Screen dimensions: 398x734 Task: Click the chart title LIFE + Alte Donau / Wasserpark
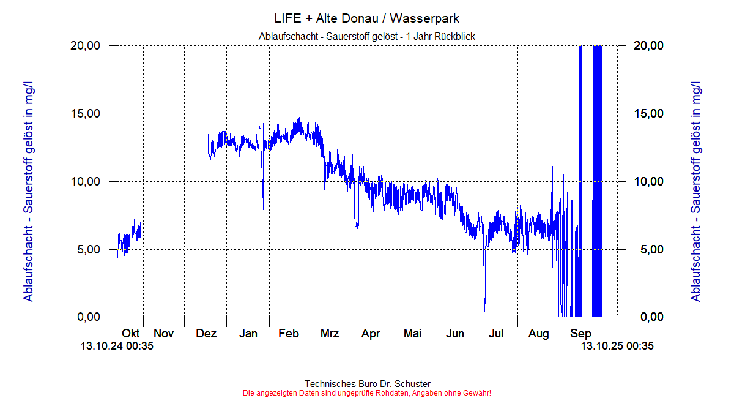pos(367,18)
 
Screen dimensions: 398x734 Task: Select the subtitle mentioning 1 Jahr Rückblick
pos(367,37)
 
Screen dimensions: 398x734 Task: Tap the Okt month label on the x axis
pos(131,334)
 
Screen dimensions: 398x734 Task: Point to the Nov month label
pos(164,334)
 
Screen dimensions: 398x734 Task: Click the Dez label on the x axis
pos(206,334)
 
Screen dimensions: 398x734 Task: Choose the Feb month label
pos(289,334)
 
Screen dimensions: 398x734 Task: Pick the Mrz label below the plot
pos(330,334)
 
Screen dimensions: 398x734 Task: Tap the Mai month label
pos(412,334)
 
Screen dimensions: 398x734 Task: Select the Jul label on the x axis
pos(496,334)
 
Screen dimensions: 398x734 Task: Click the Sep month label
pos(580,334)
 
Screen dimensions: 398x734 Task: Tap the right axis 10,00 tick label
pos(647,181)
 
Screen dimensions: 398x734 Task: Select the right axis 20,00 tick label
pos(647,45)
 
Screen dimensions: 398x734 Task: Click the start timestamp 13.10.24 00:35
pos(117,347)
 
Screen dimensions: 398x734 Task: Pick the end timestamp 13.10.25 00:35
pos(617,347)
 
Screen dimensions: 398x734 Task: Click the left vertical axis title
pos(29,190)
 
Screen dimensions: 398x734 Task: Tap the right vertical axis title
pos(695,190)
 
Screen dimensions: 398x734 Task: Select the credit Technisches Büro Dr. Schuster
pos(367,384)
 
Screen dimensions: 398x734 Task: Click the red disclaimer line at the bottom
pos(367,392)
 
